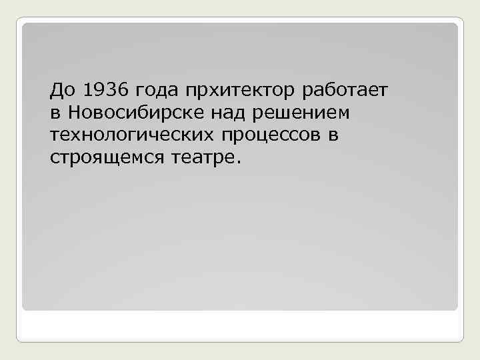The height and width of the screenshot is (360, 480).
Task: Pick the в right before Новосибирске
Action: (x=55, y=113)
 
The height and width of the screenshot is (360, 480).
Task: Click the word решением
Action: (x=302, y=113)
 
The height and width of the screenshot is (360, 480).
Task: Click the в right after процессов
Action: (x=333, y=136)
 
